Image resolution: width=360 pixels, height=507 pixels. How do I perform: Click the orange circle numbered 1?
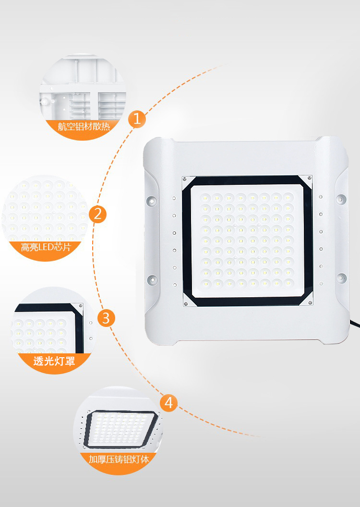pyautogui.click(x=137, y=119)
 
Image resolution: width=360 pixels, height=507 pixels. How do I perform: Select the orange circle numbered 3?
pyautogui.click(x=106, y=318)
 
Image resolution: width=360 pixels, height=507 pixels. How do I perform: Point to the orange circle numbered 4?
pyautogui.click(x=168, y=403)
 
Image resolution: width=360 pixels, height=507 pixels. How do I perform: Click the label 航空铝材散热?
pyautogui.click(x=84, y=126)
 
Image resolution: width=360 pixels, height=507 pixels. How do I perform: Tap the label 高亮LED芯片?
pyautogui.click(x=46, y=247)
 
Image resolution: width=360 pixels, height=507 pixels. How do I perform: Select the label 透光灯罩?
pyautogui.click(x=54, y=361)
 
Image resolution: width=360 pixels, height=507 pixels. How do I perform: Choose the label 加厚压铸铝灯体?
pyautogui.click(x=119, y=459)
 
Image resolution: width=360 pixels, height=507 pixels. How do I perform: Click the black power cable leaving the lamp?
pyautogui.click(x=355, y=324)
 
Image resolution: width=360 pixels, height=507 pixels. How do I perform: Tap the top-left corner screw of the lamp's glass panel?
pyautogui.click(x=184, y=178)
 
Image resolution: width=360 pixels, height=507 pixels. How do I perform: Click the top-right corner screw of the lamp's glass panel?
pyautogui.click(x=310, y=178)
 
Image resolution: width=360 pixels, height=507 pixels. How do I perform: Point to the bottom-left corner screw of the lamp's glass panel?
pyautogui.click(x=185, y=303)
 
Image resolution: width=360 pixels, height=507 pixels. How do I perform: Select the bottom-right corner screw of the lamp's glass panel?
pyautogui.click(x=311, y=302)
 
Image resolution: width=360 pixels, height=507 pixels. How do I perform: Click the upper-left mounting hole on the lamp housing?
pyautogui.click(x=151, y=200)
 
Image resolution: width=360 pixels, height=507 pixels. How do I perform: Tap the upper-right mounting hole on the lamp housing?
pyautogui.click(x=340, y=199)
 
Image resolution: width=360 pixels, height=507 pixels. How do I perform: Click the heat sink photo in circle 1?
pyautogui.click(x=83, y=88)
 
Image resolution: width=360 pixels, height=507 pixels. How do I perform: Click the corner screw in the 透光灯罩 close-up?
pyautogui.click(x=81, y=305)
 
